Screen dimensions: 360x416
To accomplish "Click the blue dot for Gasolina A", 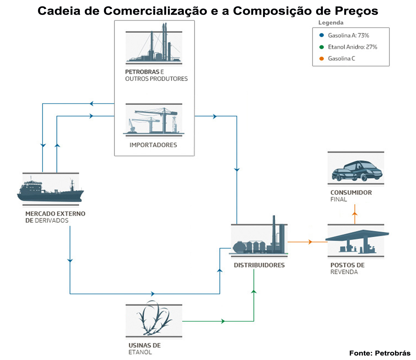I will (321, 35).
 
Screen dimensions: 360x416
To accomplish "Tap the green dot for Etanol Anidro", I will (321, 47).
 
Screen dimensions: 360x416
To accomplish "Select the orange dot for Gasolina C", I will (321, 59).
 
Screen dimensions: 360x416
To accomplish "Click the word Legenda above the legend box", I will (331, 23).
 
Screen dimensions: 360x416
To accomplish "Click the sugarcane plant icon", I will (154, 320).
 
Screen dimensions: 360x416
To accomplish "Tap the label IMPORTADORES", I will (153, 145).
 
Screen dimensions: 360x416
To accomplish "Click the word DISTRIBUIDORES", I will (259, 265).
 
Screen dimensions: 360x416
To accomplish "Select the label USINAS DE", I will (144, 345).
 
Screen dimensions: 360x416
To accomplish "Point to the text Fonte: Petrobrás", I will (380, 353).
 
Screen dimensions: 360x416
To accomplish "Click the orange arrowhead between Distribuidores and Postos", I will (310, 242).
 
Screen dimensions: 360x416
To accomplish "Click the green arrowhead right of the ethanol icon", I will (223, 321).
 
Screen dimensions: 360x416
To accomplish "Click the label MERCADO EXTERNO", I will (55, 214).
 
